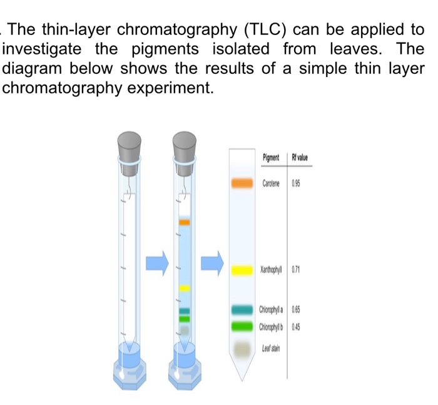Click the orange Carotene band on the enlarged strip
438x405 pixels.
pyautogui.click(x=241, y=183)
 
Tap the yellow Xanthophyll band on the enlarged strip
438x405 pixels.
pyautogui.click(x=241, y=270)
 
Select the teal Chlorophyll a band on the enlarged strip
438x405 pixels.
pyautogui.click(x=241, y=310)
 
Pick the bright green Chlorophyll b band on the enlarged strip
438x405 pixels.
pyautogui.click(x=241, y=326)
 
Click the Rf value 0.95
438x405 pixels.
pyautogui.click(x=297, y=183)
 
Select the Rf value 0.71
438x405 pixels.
pyautogui.click(x=297, y=270)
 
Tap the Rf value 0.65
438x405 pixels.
pyautogui.click(x=297, y=310)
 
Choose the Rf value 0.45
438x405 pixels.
pyautogui.click(x=297, y=326)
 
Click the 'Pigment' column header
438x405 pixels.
pyautogui.click(x=272, y=157)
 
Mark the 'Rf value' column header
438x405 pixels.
pyautogui.click(x=300, y=157)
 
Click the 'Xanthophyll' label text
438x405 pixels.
pyautogui.click(x=272, y=270)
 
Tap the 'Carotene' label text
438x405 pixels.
pyautogui.click(x=272, y=183)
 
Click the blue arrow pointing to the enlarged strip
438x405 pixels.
pyautogui.click(x=211, y=262)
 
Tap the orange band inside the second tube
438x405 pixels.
pyautogui.click(x=185, y=222)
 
